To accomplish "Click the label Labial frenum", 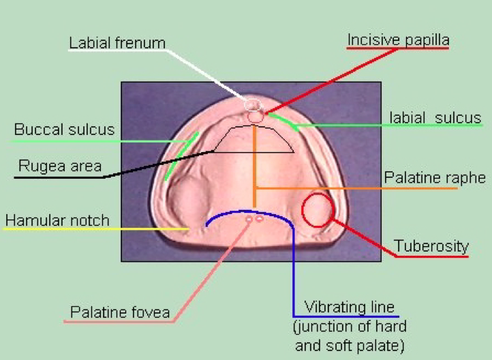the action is pos(117,43).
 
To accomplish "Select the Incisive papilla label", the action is pos(398,40).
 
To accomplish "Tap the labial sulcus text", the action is pos(435,118).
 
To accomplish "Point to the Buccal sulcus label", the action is pos(64,130).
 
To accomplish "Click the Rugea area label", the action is pos(60,166).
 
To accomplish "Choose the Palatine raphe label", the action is pos(435,178).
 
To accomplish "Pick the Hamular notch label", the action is pos(57,220).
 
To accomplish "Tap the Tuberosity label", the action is pos(431,245).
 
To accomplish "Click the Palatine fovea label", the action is pos(120,312).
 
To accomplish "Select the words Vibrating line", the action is pos(349,307).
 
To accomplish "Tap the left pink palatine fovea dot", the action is pos(249,220).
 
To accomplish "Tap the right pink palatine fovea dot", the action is pos(260,218).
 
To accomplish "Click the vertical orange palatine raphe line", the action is pos(254,166).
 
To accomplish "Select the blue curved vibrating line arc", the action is pos(248,212).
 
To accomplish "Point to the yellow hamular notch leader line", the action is pos(95,229).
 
